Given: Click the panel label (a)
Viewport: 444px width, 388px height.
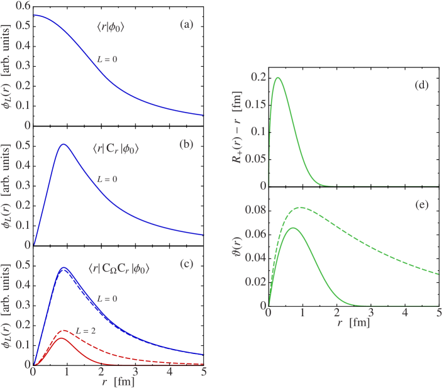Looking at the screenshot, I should pyautogui.click(x=187, y=25).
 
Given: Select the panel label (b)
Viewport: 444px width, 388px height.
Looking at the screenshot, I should pyautogui.click(x=186, y=145).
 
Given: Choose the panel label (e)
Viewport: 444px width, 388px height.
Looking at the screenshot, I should pyautogui.click(x=421, y=205).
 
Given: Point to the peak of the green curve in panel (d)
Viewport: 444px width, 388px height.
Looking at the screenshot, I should pyautogui.click(x=277, y=78).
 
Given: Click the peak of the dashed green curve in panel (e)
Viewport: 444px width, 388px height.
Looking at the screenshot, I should pyautogui.click(x=302, y=208).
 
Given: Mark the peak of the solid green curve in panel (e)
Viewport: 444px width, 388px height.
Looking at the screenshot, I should pyautogui.click(x=292, y=228).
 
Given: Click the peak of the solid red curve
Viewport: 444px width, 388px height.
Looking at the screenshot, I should pyautogui.click(x=62, y=338).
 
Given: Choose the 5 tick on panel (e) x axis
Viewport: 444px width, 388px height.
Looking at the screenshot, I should pyautogui.click(x=438, y=313).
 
